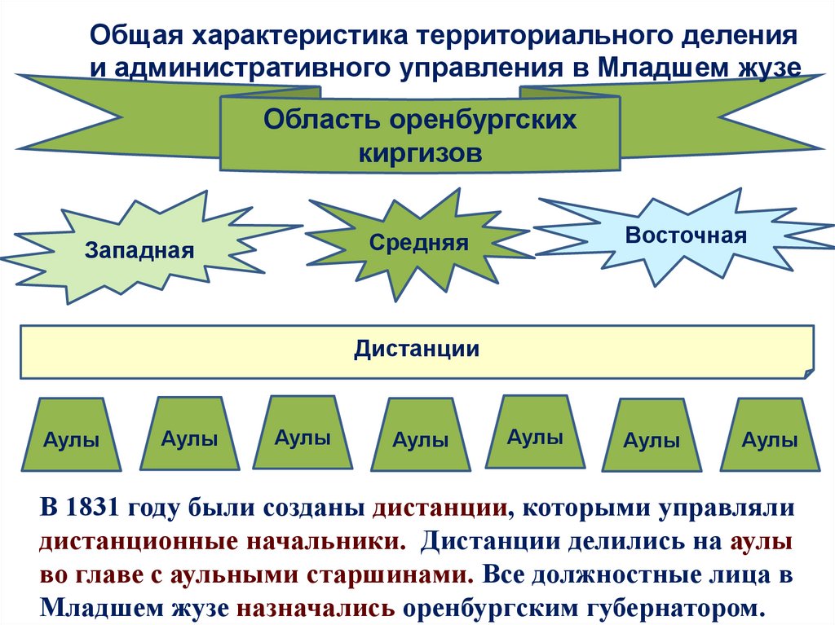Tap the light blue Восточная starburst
[x=686, y=235]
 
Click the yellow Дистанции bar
[x=416, y=350]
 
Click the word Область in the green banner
[x=313, y=120]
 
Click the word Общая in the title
[x=135, y=36]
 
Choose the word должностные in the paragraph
[x=640, y=574]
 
